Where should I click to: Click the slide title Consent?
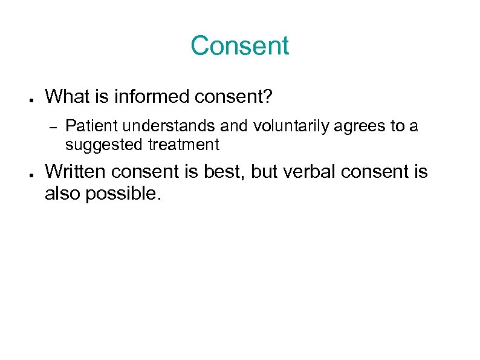pos(240,46)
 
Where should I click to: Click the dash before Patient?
pos(52,127)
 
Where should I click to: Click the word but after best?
pos(264,172)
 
